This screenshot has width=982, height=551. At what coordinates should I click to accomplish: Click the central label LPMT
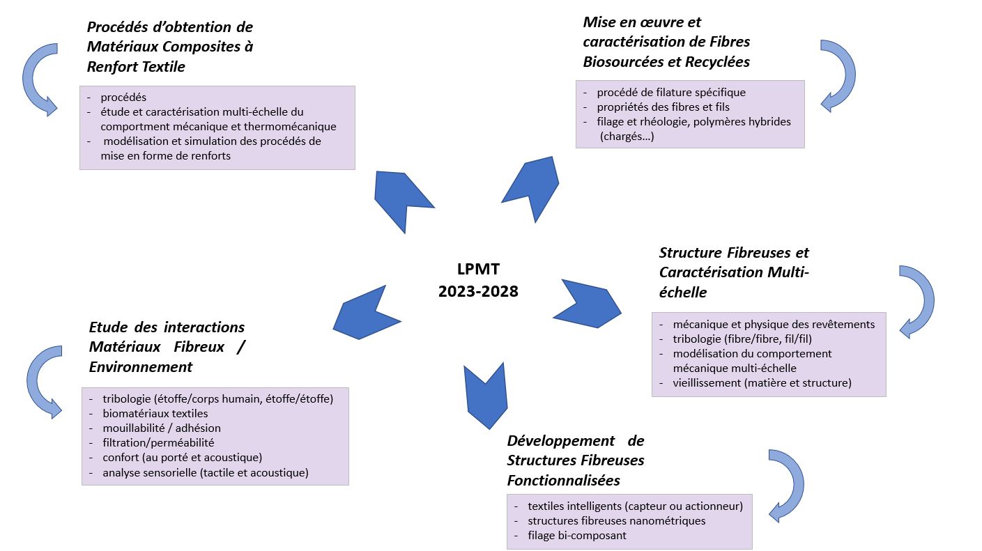478,269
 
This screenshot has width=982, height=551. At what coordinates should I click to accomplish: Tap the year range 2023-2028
478,291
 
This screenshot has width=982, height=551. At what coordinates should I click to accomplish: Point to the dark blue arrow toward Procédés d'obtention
401,199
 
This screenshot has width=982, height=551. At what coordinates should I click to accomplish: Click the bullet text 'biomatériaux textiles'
155,414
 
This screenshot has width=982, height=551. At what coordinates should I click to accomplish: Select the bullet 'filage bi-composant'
577,535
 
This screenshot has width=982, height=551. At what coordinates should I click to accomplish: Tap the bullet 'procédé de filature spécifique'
671,93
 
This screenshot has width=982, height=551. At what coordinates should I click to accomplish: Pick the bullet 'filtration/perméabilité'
158,443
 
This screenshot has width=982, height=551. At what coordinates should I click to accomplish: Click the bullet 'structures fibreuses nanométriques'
616,521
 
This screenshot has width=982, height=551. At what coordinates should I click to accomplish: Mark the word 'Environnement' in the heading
141,367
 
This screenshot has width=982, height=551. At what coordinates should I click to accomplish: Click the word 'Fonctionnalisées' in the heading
563,481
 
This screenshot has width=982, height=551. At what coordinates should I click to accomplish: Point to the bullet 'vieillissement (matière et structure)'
762,383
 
